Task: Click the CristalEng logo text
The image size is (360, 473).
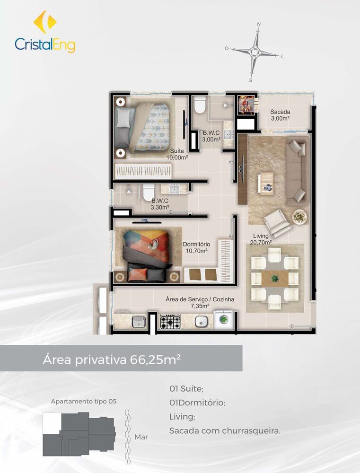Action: click(x=45, y=44)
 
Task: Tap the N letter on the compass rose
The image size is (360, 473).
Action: click(x=259, y=24)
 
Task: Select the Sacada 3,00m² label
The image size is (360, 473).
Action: click(x=280, y=115)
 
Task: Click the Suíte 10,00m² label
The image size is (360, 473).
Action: click(x=177, y=154)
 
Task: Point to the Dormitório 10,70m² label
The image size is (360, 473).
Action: click(x=197, y=247)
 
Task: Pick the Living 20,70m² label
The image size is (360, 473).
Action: click(x=261, y=239)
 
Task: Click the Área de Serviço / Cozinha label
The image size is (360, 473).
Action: click(x=200, y=302)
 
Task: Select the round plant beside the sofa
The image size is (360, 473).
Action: click(x=299, y=216)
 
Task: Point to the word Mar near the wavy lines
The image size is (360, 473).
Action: click(x=141, y=437)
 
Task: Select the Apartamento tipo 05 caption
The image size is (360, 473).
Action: click(x=84, y=401)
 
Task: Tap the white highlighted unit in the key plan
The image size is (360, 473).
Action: click(x=52, y=422)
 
